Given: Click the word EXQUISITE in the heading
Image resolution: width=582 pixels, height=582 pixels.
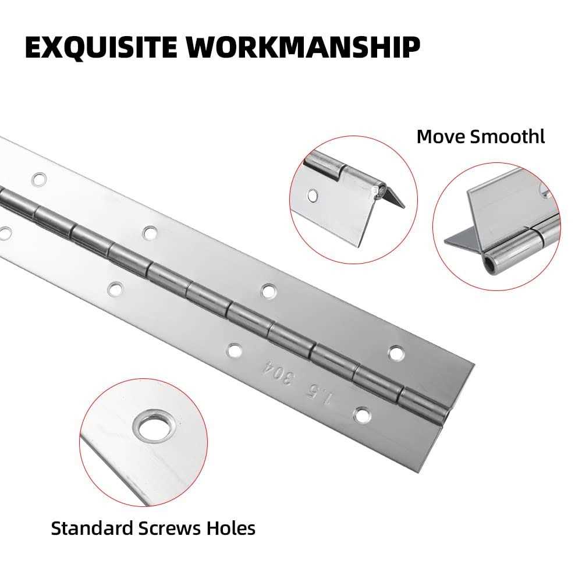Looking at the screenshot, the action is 101,48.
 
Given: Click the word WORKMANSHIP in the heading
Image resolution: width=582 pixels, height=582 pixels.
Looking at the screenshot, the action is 303,47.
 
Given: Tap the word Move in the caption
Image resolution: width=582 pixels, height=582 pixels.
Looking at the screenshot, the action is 441,137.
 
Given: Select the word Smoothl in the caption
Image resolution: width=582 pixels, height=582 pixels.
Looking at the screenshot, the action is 508,137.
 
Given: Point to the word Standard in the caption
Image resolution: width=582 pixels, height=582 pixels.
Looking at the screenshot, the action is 92,528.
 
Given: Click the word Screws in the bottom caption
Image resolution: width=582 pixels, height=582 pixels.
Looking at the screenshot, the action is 169,528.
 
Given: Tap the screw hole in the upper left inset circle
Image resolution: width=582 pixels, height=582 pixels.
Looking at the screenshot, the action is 313,195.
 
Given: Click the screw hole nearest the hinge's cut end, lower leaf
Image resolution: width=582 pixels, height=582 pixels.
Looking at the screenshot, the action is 363,416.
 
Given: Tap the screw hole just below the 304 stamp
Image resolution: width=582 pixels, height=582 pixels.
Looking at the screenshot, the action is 235,351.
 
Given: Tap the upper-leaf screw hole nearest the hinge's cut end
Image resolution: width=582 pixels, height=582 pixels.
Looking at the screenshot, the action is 396,353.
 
